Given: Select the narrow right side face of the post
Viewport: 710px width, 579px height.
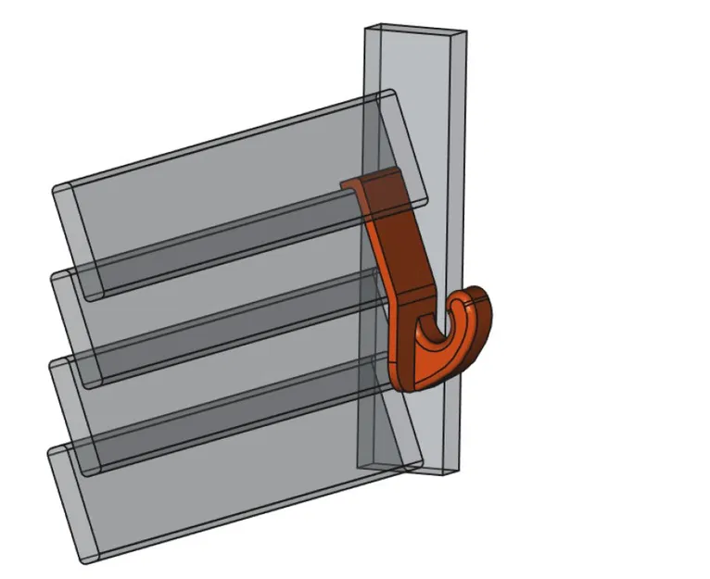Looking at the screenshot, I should tap(456, 185).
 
